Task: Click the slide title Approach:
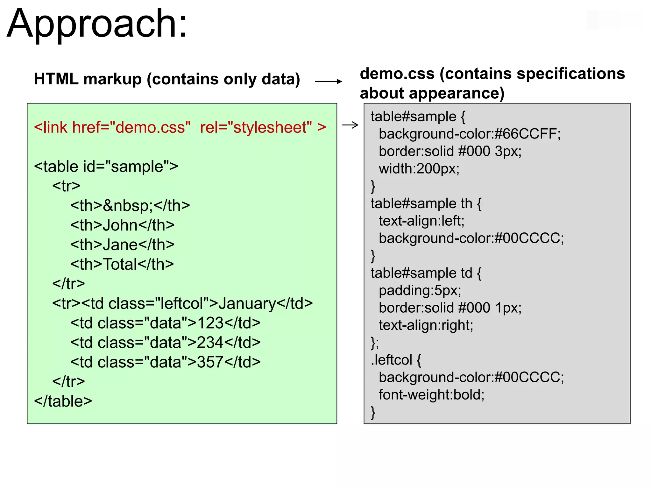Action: (x=97, y=24)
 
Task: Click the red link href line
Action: (x=180, y=127)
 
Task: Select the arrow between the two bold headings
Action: (x=328, y=81)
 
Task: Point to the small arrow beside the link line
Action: (x=350, y=125)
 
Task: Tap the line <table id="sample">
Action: (x=106, y=167)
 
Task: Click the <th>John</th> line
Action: (x=122, y=225)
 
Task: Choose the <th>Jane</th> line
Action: (x=122, y=244)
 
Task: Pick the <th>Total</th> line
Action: (x=122, y=264)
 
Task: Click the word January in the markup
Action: (x=247, y=303)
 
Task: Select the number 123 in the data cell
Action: (x=210, y=323)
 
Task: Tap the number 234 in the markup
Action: (x=210, y=343)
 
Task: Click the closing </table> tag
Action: (x=63, y=401)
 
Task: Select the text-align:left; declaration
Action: (x=422, y=221)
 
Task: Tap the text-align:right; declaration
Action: (x=426, y=325)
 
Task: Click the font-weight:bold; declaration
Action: (x=431, y=395)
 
